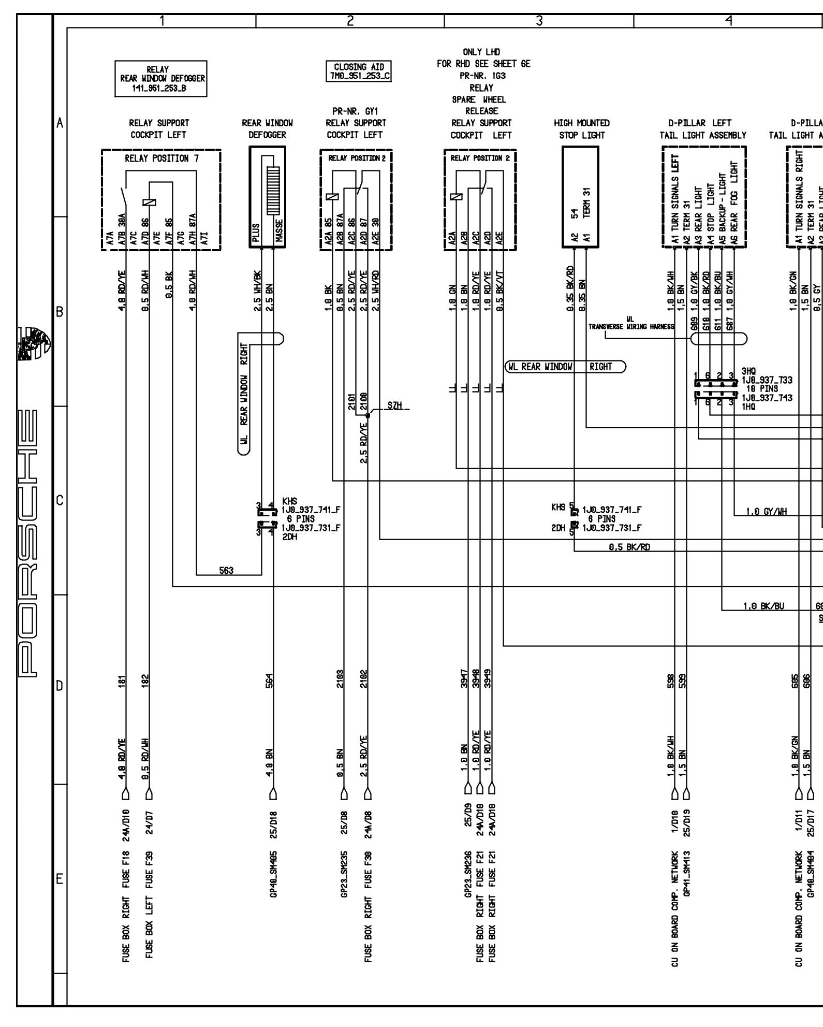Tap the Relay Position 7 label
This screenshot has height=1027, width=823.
pos(161,158)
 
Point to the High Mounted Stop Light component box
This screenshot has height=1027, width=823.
pos(580,197)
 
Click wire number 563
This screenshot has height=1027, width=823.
pos(226,570)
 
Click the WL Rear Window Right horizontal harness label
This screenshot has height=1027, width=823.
pos(565,367)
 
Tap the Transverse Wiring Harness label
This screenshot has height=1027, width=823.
pos(631,326)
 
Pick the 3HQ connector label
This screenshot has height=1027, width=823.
pos(748,371)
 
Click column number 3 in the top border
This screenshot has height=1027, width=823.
pos(539,21)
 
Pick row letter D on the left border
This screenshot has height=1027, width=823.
pos(60,687)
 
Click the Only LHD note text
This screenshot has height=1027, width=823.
pos(481,52)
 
